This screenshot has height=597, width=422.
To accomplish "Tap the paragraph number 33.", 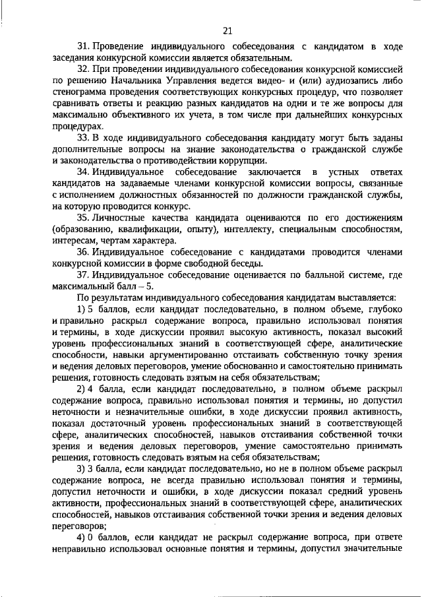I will (83, 138).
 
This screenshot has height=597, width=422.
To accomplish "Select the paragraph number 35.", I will (83, 218).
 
